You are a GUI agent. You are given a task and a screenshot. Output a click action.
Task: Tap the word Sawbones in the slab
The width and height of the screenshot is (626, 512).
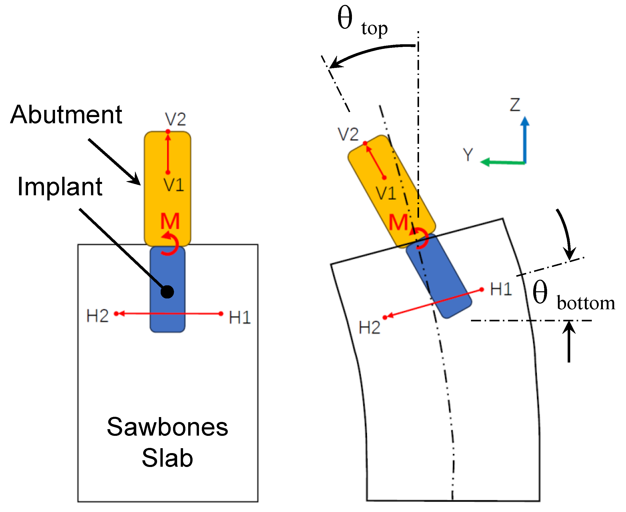pyautogui.click(x=167, y=427)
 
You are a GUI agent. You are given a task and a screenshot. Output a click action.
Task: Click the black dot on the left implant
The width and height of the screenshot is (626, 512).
pyautogui.click(x=167, y=292)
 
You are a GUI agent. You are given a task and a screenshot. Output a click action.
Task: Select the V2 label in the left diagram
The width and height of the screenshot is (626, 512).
pyautogui.click(x=175, y=119)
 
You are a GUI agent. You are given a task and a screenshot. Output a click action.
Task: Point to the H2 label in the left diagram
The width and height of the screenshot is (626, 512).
pyautogui.click(x=97, y=316)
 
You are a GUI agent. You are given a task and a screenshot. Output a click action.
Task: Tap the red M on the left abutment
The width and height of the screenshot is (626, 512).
pyautogui.click(x=170, y=222)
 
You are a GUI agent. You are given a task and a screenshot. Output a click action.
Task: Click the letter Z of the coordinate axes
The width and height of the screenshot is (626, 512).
pyautogui.click(x=515, y=105)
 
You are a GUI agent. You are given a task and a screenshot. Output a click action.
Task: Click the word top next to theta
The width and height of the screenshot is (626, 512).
pyautogui.click(x=374, y=29)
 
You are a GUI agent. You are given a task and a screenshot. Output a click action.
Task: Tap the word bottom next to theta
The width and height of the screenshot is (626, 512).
pyautogui.click(x=586, y=303)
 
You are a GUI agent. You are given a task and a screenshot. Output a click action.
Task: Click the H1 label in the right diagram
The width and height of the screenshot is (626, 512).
pyautogui.click(x=501, y=289)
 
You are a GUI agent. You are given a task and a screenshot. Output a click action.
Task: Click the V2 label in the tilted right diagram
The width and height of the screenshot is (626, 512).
pyautogui.click(x=348, y=135)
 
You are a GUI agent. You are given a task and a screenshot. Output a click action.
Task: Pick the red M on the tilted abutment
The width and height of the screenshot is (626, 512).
pyautogui.click(x=398, y=222)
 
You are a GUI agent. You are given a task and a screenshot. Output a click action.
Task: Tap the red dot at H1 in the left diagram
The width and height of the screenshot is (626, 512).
pyautogui.click(x=221, y=314)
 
